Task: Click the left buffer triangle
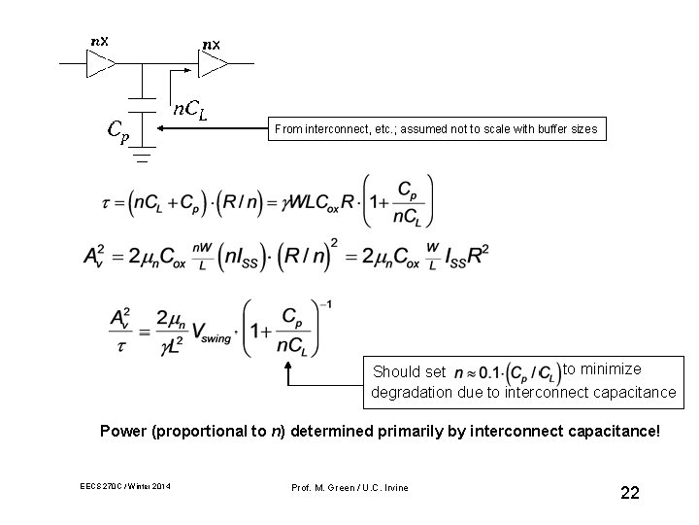tap(99, 65)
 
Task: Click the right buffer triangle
tap(212, 65)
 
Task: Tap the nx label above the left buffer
tap(99, 42)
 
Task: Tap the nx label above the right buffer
tap(211, 45)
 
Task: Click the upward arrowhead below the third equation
tap(288, 367)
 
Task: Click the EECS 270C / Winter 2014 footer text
tap(126, 487)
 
